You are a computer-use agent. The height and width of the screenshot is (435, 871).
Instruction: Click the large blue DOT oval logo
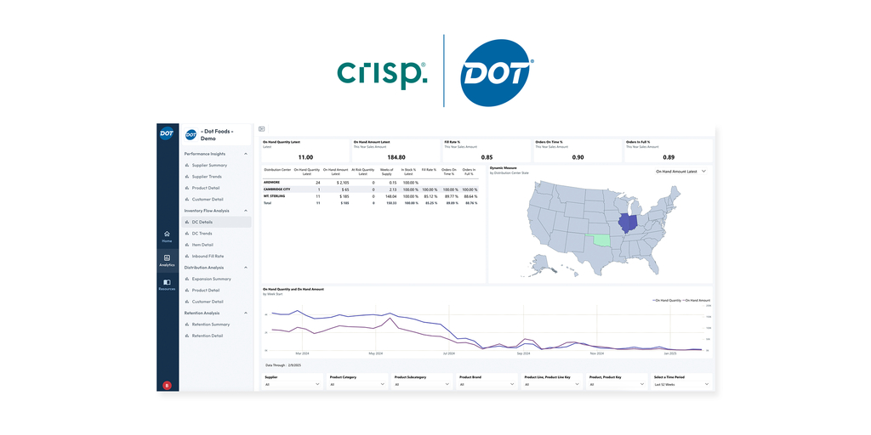[497, 72]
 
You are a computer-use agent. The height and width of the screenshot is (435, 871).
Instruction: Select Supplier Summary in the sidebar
[209, 165]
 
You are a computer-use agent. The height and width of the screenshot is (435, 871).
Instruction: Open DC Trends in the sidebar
[202, 233]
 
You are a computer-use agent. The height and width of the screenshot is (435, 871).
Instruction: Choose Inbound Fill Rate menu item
[208, 256]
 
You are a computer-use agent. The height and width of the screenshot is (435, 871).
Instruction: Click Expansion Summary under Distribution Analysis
[211, 279]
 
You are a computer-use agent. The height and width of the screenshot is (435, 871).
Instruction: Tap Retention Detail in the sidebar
[207, 336]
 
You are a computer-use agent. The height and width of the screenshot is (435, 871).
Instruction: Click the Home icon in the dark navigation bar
[167, 235]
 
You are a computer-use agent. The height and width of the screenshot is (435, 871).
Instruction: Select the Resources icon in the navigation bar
[167, 284]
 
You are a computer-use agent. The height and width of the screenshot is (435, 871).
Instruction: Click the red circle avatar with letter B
[167, 385]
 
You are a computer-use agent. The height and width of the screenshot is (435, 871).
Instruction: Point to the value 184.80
[396, 157]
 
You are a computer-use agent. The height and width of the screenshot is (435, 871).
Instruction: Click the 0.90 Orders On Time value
[578, 157]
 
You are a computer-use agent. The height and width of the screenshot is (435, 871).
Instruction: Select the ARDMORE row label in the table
[272, 183]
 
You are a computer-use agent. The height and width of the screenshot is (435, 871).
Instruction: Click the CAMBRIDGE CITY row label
[277, 189]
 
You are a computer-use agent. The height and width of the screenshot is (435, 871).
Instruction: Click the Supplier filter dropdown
[293, 384]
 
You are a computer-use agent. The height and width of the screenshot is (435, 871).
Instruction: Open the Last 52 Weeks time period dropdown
[680, 384]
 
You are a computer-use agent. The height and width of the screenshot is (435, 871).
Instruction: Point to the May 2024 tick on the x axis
[376, 353]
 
